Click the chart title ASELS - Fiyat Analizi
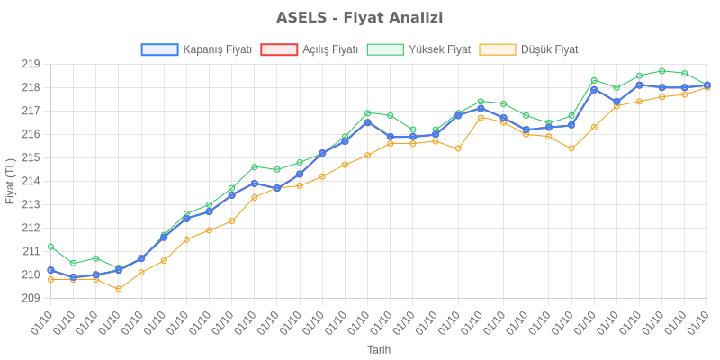click(360, 18)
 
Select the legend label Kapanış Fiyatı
click(216, 49)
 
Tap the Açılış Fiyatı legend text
click(330, 49)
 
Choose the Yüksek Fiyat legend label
click(439, 49)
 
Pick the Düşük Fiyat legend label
click(550, 49)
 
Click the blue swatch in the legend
click(159, 49)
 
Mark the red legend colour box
click(278, 49)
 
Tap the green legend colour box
click(385, 49)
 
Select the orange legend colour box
click(498, 49)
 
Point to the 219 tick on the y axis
click(31, 65)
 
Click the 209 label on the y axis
click(31, 298)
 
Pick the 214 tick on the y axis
click(31, 181)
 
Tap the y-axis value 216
click(31, 134)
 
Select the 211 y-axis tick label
click(31, 251)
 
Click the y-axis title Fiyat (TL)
click(10, 181)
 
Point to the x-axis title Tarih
click(379, 348)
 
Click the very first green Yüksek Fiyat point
click(50, 246)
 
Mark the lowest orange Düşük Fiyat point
click(119, 289)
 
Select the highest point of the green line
click(661, 70)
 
